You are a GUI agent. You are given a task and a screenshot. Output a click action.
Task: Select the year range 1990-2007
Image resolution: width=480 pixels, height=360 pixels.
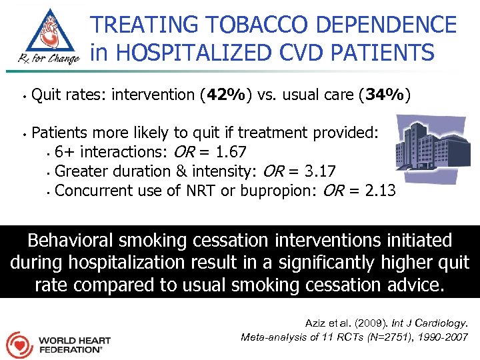(443, 337)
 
